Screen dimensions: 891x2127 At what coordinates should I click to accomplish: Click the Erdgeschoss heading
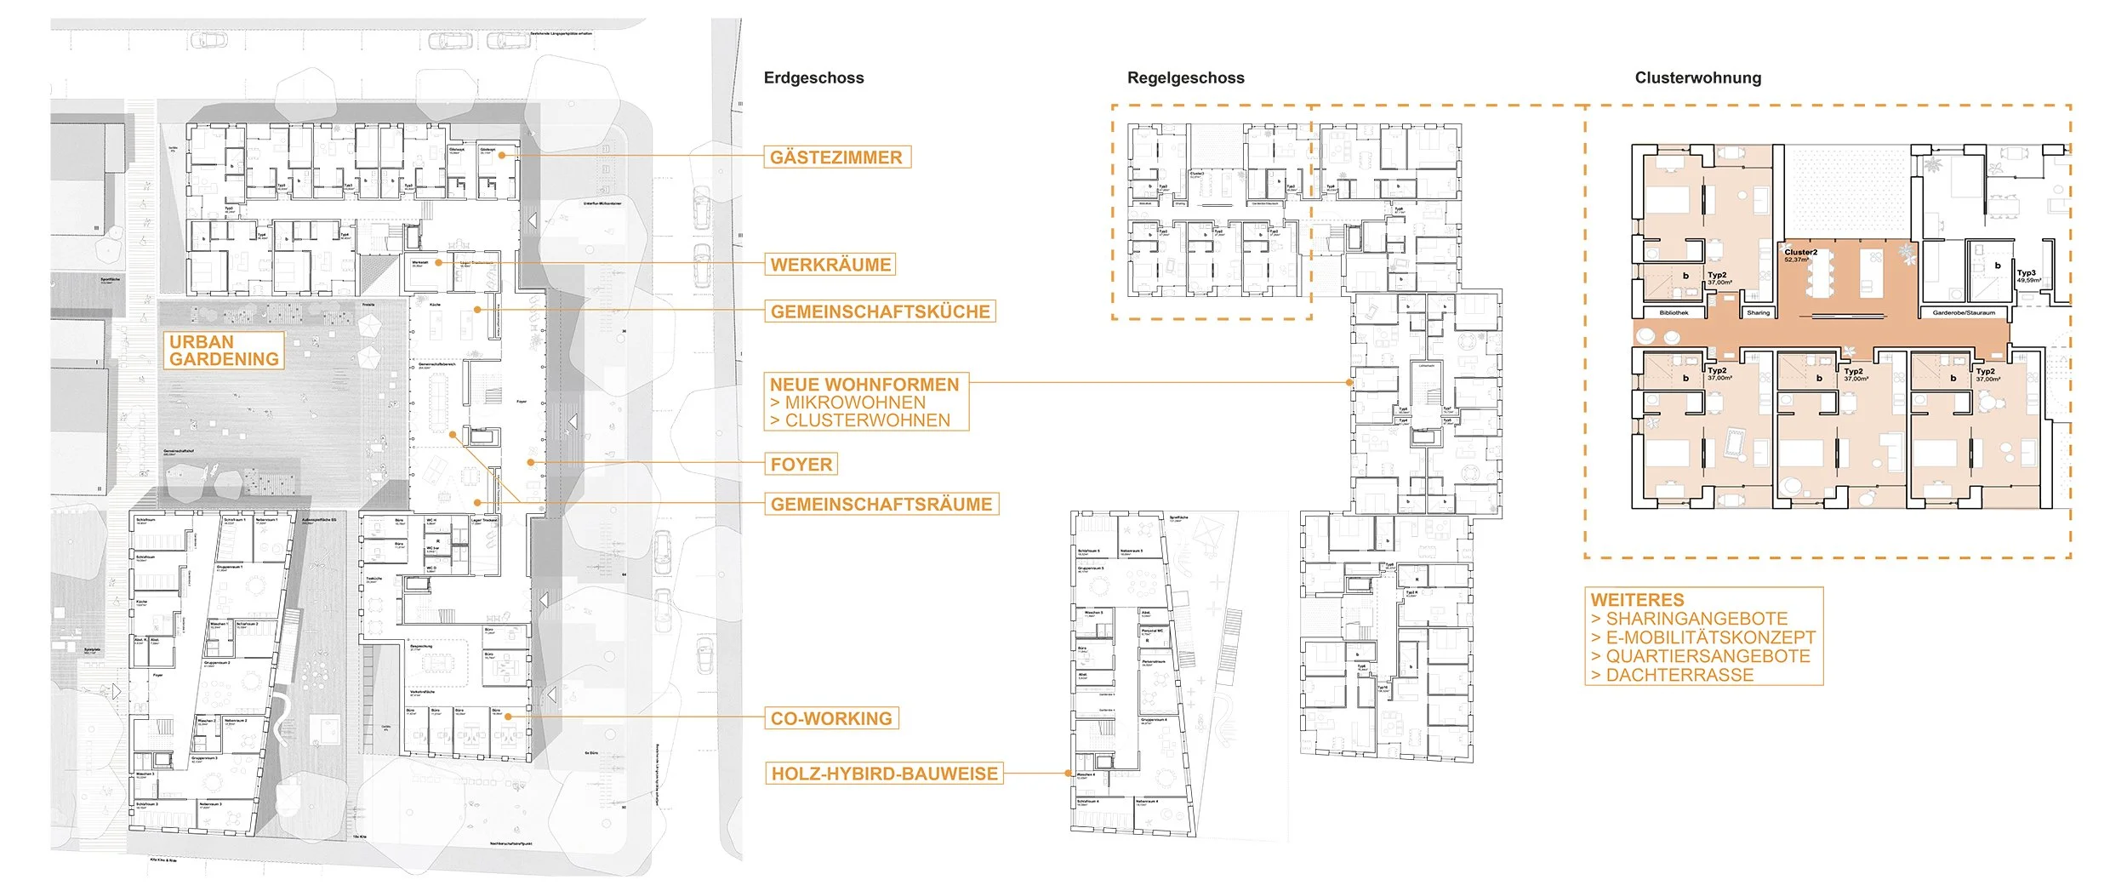pyautogui.click(x=813, y=78)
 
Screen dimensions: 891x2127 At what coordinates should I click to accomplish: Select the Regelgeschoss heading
pyautogui.click(x=1185, y=78)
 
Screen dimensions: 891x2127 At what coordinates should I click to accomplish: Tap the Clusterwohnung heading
pyautogui.click(x=1697, y=78)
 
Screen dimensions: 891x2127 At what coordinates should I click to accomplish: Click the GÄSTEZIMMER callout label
pyautogui.click(x=836, y=157)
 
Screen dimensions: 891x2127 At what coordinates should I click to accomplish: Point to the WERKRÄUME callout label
pyautogui.click(x=830, y=265)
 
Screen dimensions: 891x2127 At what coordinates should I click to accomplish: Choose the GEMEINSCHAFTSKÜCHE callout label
pyautogui.click(x=881, y=311)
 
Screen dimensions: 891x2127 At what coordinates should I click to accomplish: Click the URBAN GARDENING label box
pyautogui.click(x=224, y=351)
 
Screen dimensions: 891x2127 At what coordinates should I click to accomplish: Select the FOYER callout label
pyautogui.click(x=801, y=465)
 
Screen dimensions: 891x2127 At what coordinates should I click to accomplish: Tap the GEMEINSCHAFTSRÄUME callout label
pyautogui.click(x=881, y=505)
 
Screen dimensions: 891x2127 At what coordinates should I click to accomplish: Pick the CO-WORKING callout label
pyautogui.click(x=831, y=718)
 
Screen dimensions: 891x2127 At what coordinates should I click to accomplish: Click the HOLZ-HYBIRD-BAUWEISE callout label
pyautogui.click(x=884, y=774)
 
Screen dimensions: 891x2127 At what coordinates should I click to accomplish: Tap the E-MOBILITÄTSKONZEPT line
pyautogui.click(x=1710, y=637)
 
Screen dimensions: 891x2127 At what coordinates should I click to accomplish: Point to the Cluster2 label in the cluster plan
pyautogui.click(x=1800, y=252)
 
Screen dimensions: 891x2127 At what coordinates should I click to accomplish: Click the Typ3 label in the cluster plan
pyautogui.click(x=2026, y=273)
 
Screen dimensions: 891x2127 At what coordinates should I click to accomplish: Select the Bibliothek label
pyautogui.click(x=1674, y=312)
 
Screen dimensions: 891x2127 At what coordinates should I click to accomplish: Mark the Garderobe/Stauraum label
pyautogui.click(x=1963, y=312)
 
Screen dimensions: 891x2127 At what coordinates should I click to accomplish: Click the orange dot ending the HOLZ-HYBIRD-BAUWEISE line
pyautogui.click(x=1069, y=774)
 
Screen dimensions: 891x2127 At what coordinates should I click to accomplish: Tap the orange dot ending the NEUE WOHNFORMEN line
pyautogui.click(x=1349, y=383)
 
